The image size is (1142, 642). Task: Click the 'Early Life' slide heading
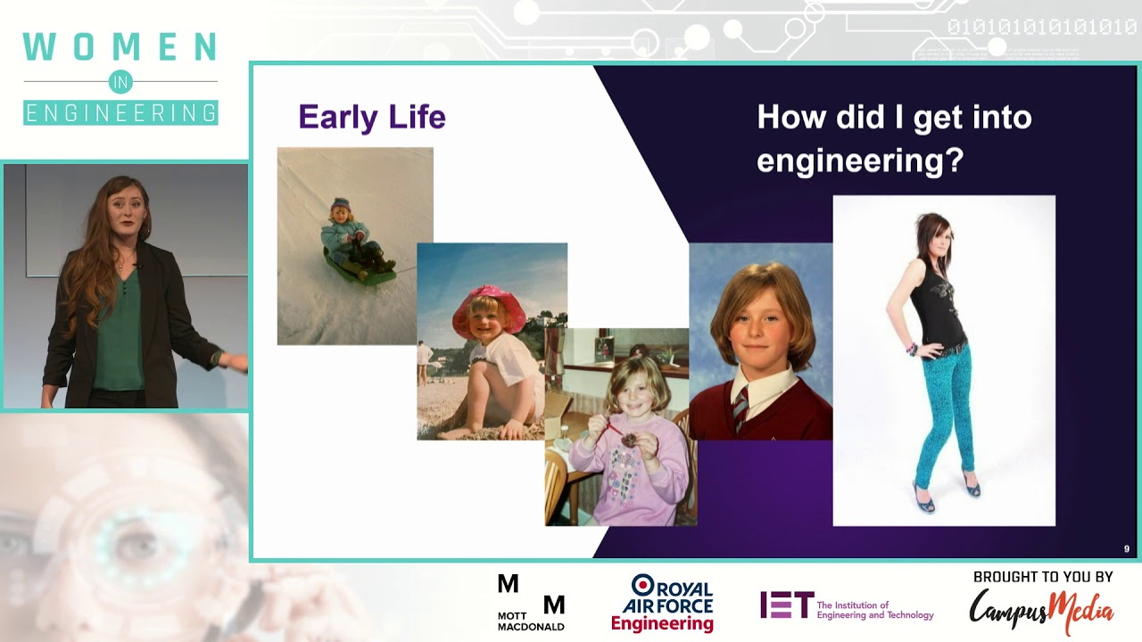(372, 117)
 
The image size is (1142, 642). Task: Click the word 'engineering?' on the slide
(860, 160)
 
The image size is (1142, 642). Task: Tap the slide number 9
(1126, 548)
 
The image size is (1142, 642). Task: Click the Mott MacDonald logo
(531, 603)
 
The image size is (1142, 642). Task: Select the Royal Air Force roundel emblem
(643, 586)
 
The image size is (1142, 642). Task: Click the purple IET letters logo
(787, 605)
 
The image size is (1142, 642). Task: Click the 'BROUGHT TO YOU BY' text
(1043, 577)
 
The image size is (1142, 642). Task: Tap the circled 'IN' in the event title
(120, 81)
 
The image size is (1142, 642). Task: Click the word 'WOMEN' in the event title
(120, 46)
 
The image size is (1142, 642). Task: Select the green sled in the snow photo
(360, 267)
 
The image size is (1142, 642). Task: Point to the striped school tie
(741, 408)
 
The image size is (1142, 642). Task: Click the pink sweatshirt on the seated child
(629, 472)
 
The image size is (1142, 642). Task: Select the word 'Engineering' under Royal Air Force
(662, 623)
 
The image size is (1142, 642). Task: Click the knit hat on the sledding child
(341, 205)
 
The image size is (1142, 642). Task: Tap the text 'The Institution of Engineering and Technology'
(875, 610)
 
